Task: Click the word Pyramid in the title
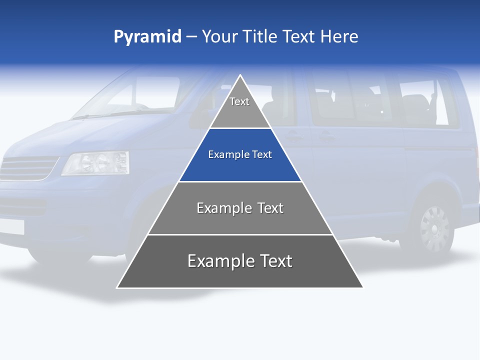147,37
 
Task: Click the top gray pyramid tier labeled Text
240,107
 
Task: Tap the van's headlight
95,163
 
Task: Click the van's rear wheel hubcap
434,228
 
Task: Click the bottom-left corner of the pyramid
117,287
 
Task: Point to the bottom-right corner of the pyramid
362,287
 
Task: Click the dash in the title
191,37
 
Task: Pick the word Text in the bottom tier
273,261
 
